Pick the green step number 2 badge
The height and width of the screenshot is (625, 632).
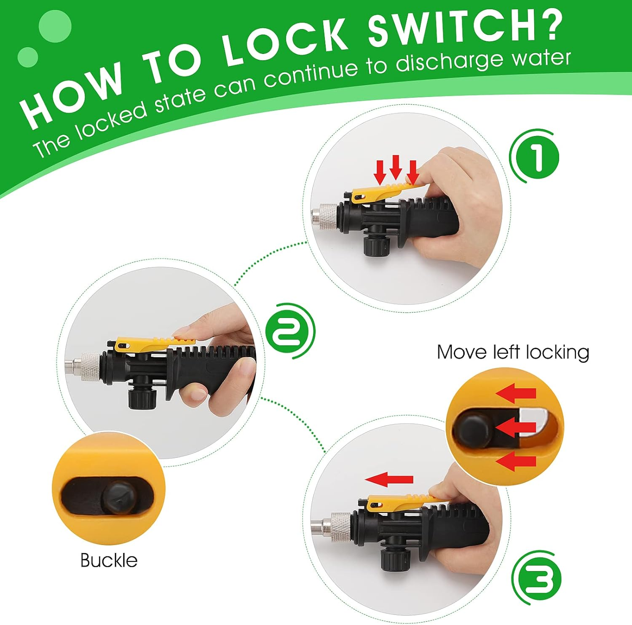click(291, 331)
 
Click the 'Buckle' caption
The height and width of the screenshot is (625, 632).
click(109, 561)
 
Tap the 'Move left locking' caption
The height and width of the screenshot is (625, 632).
click(513, 353)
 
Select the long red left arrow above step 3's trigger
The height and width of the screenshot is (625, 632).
click(389, 479)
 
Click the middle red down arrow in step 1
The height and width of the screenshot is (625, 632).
click(396, 167)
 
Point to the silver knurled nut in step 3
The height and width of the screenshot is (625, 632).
click(340, 526)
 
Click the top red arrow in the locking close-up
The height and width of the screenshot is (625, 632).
click(516, 393)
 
